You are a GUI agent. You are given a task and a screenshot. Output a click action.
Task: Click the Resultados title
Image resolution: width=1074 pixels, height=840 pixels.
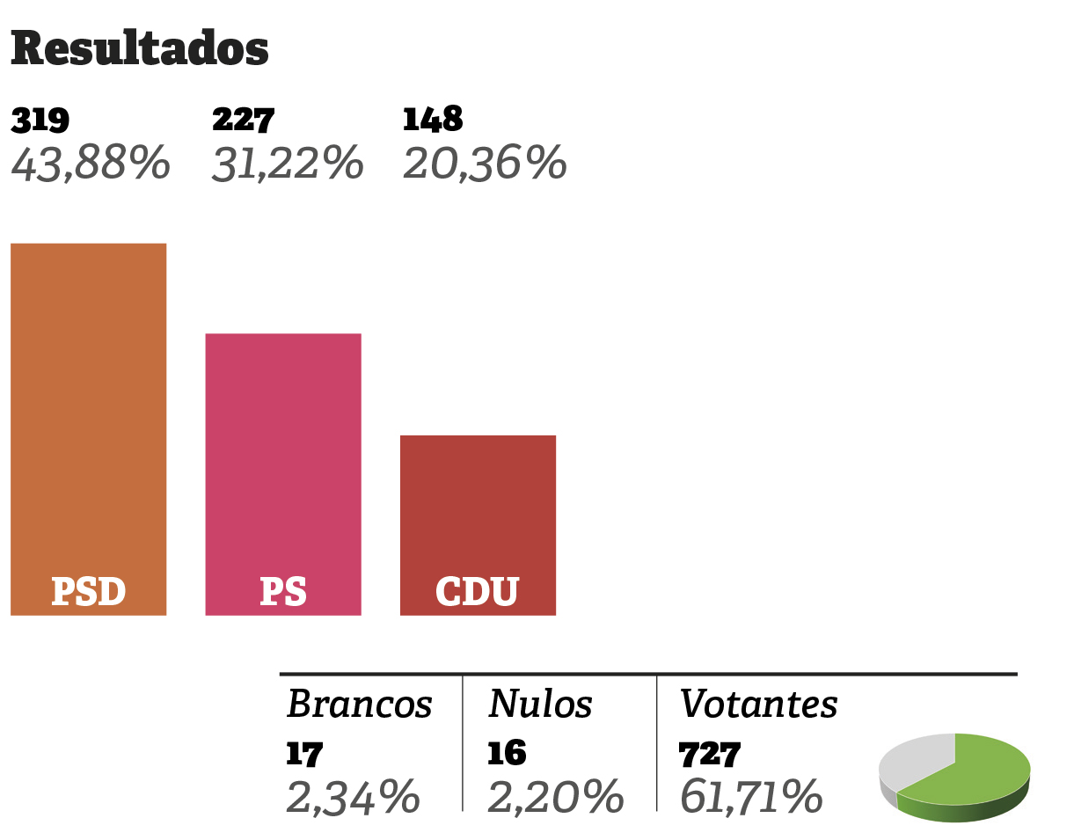click(x=139, y=49)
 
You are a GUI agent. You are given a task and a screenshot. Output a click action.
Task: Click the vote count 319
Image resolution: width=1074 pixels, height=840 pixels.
click(x=40, y=120)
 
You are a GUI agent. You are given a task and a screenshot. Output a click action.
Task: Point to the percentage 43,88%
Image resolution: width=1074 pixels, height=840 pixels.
click(x=90, y=164)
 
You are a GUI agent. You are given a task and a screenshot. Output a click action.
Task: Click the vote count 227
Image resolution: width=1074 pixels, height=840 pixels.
click(x=244, y=120)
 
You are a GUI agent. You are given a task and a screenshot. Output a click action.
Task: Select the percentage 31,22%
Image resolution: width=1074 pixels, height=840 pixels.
click(x=287, y=164)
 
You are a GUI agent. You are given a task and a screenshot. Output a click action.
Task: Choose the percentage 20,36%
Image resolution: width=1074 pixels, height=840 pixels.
click(x=484, y=164)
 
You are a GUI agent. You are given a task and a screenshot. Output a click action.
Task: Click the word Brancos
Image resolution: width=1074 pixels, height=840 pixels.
click(x=360, y=704)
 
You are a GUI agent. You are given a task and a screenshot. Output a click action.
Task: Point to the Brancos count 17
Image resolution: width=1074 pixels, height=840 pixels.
click(x=304, y=754)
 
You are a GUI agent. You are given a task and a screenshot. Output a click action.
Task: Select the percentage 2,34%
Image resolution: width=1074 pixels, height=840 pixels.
click(x=353, y=797)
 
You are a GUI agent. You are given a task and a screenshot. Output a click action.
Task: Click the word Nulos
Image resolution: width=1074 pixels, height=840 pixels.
click(x=540, y=704)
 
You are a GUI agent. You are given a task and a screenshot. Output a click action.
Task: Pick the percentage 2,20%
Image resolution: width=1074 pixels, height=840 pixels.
click(x=555, y=797)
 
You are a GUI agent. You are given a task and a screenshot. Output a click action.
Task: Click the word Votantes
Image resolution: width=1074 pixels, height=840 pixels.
click(x=758, y=704)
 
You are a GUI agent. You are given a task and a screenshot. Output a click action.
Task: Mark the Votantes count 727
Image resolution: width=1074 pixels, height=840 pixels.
click(x=709, y=754)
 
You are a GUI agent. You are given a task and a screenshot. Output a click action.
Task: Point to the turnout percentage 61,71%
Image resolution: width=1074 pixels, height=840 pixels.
click(x=751, y=797)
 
